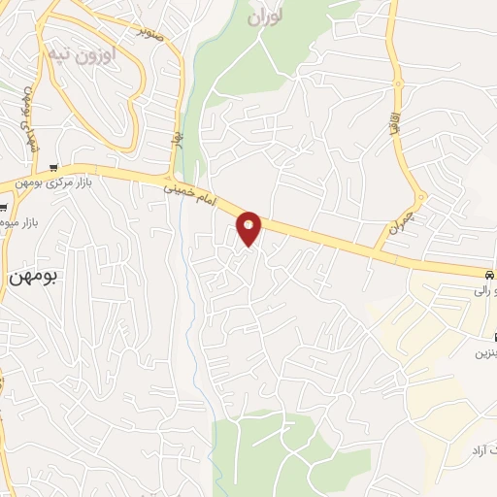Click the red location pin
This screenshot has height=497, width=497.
[x=249, y=227]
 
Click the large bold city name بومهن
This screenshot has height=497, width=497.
[x=34, y=276]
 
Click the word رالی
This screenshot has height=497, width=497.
[x=482, y=289]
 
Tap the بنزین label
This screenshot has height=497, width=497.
[x=484, y=353]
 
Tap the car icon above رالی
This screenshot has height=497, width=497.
[x=489, y=274]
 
